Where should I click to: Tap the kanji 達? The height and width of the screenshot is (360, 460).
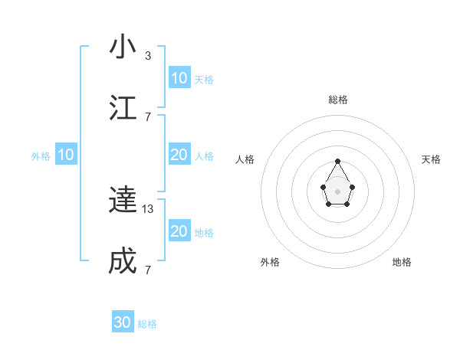pyautogui.click(x=123, y=200)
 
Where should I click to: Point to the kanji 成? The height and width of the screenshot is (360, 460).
pyautogui.click(x=123, y=261)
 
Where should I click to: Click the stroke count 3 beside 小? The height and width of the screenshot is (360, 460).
pyautogui.click(x=148, y=55)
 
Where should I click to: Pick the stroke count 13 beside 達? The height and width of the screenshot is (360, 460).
pyautogui.click(x=149, y=208)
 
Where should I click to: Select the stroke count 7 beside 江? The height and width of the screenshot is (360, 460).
pyautogui.click(x=148, y=116)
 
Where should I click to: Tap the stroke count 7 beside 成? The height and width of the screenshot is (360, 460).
pyautogui.click(x=148, y=270)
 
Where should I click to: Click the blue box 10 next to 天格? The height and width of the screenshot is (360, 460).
pyautogui.click(x=179, y=77)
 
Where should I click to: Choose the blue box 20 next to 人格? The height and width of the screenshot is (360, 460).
pyautogui.click(x=179, y=155)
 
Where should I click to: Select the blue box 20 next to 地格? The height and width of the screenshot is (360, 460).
pyautogui.click(x=179, y=231)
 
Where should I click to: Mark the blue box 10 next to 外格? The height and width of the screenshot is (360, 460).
pyautogui.click(x=66, y=155)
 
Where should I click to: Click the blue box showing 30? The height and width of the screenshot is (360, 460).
pyautogui.click(x=123, y=322)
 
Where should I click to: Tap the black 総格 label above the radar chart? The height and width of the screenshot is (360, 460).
pyautogui.click(x=337, y=100)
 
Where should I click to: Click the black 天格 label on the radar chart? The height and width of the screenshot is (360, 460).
pyautogui.click(x=431, y=159)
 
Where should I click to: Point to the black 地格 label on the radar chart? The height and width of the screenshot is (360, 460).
pyautogui.click(x=402, y=262)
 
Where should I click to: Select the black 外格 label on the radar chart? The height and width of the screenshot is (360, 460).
pyautogui.click(x=270, y=262)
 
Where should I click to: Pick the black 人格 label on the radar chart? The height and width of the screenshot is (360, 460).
pyautogui.click(x=245, y=159)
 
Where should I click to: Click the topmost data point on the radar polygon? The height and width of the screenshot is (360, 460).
pyautogui.click(x=337, y=161)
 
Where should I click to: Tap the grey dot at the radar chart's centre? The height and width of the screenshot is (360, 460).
pyautogui.click(x=337, y=191)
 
